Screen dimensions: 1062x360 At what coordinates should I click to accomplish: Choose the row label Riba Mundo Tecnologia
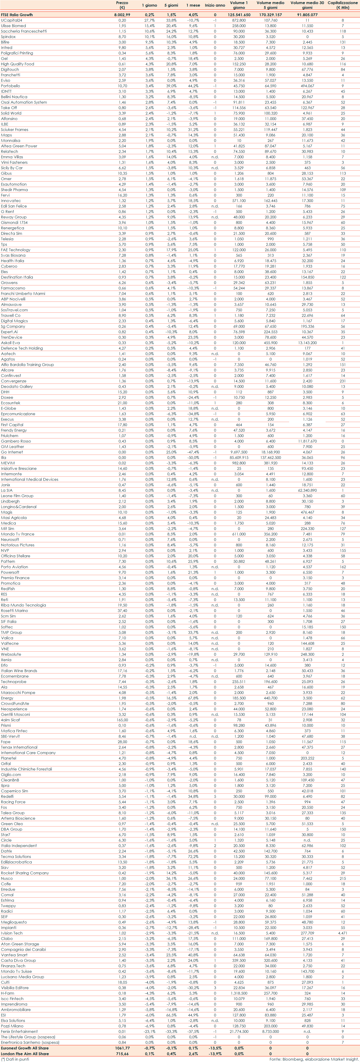pos(23,605)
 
